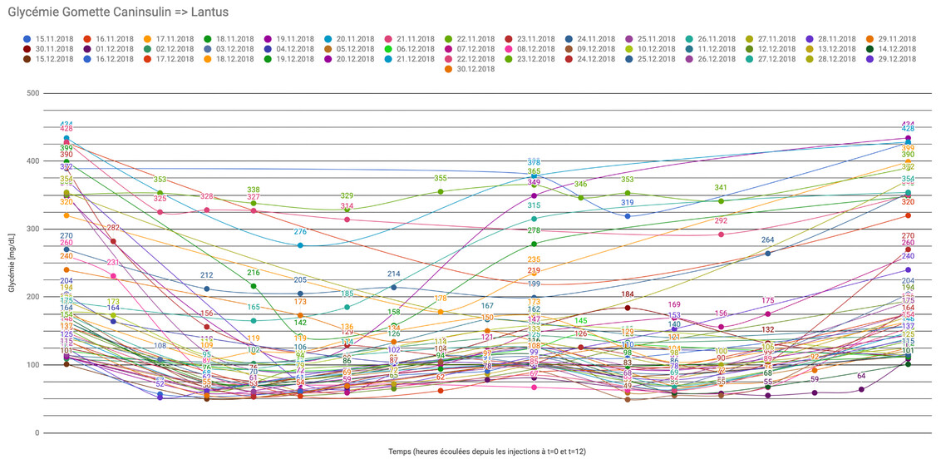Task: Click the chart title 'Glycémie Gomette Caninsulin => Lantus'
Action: pyautogui.click(x=117, y=12)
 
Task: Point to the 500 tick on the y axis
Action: pyautogui.click(x=33, y=92)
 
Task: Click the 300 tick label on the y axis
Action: pyautogui.click(x=33, y=229)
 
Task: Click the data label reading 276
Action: pyautogui.click(x=300, y=232)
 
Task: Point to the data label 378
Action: pyautogui.click(x=535, y=162)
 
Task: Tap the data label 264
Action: pyautogui.click(x=768, y=240)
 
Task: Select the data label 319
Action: pyautogui.click(x=628, y=203)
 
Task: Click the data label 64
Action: pyautogui.click(x=861, y=376)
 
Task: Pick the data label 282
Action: pyautogui.click(x=113, y=228)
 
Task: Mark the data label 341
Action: pyautogui.click(x=721, y=188)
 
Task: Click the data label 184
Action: pyautogui.click(x=628, y=294)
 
